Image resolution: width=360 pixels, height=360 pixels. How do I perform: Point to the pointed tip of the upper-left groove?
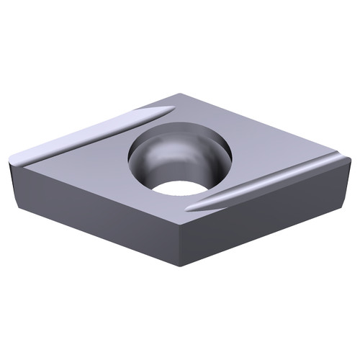pyautogui.click(x=173, y=108)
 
